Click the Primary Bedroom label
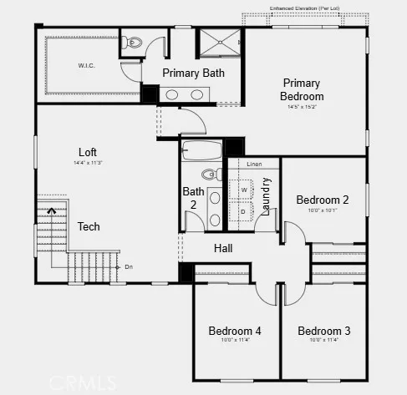point(302,89)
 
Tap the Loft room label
point(88,152)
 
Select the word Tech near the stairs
point(89,226)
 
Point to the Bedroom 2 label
point(323,200)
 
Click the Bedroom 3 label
point(324,331)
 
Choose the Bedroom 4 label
point(235,331)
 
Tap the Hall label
point(223,249)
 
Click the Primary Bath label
point(193,73)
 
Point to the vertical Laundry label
point(267,197)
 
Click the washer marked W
point(245,190)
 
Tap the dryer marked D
point(244,211)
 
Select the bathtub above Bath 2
point(201,152)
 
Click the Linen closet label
point(255,165)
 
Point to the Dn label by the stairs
point(129,267)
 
